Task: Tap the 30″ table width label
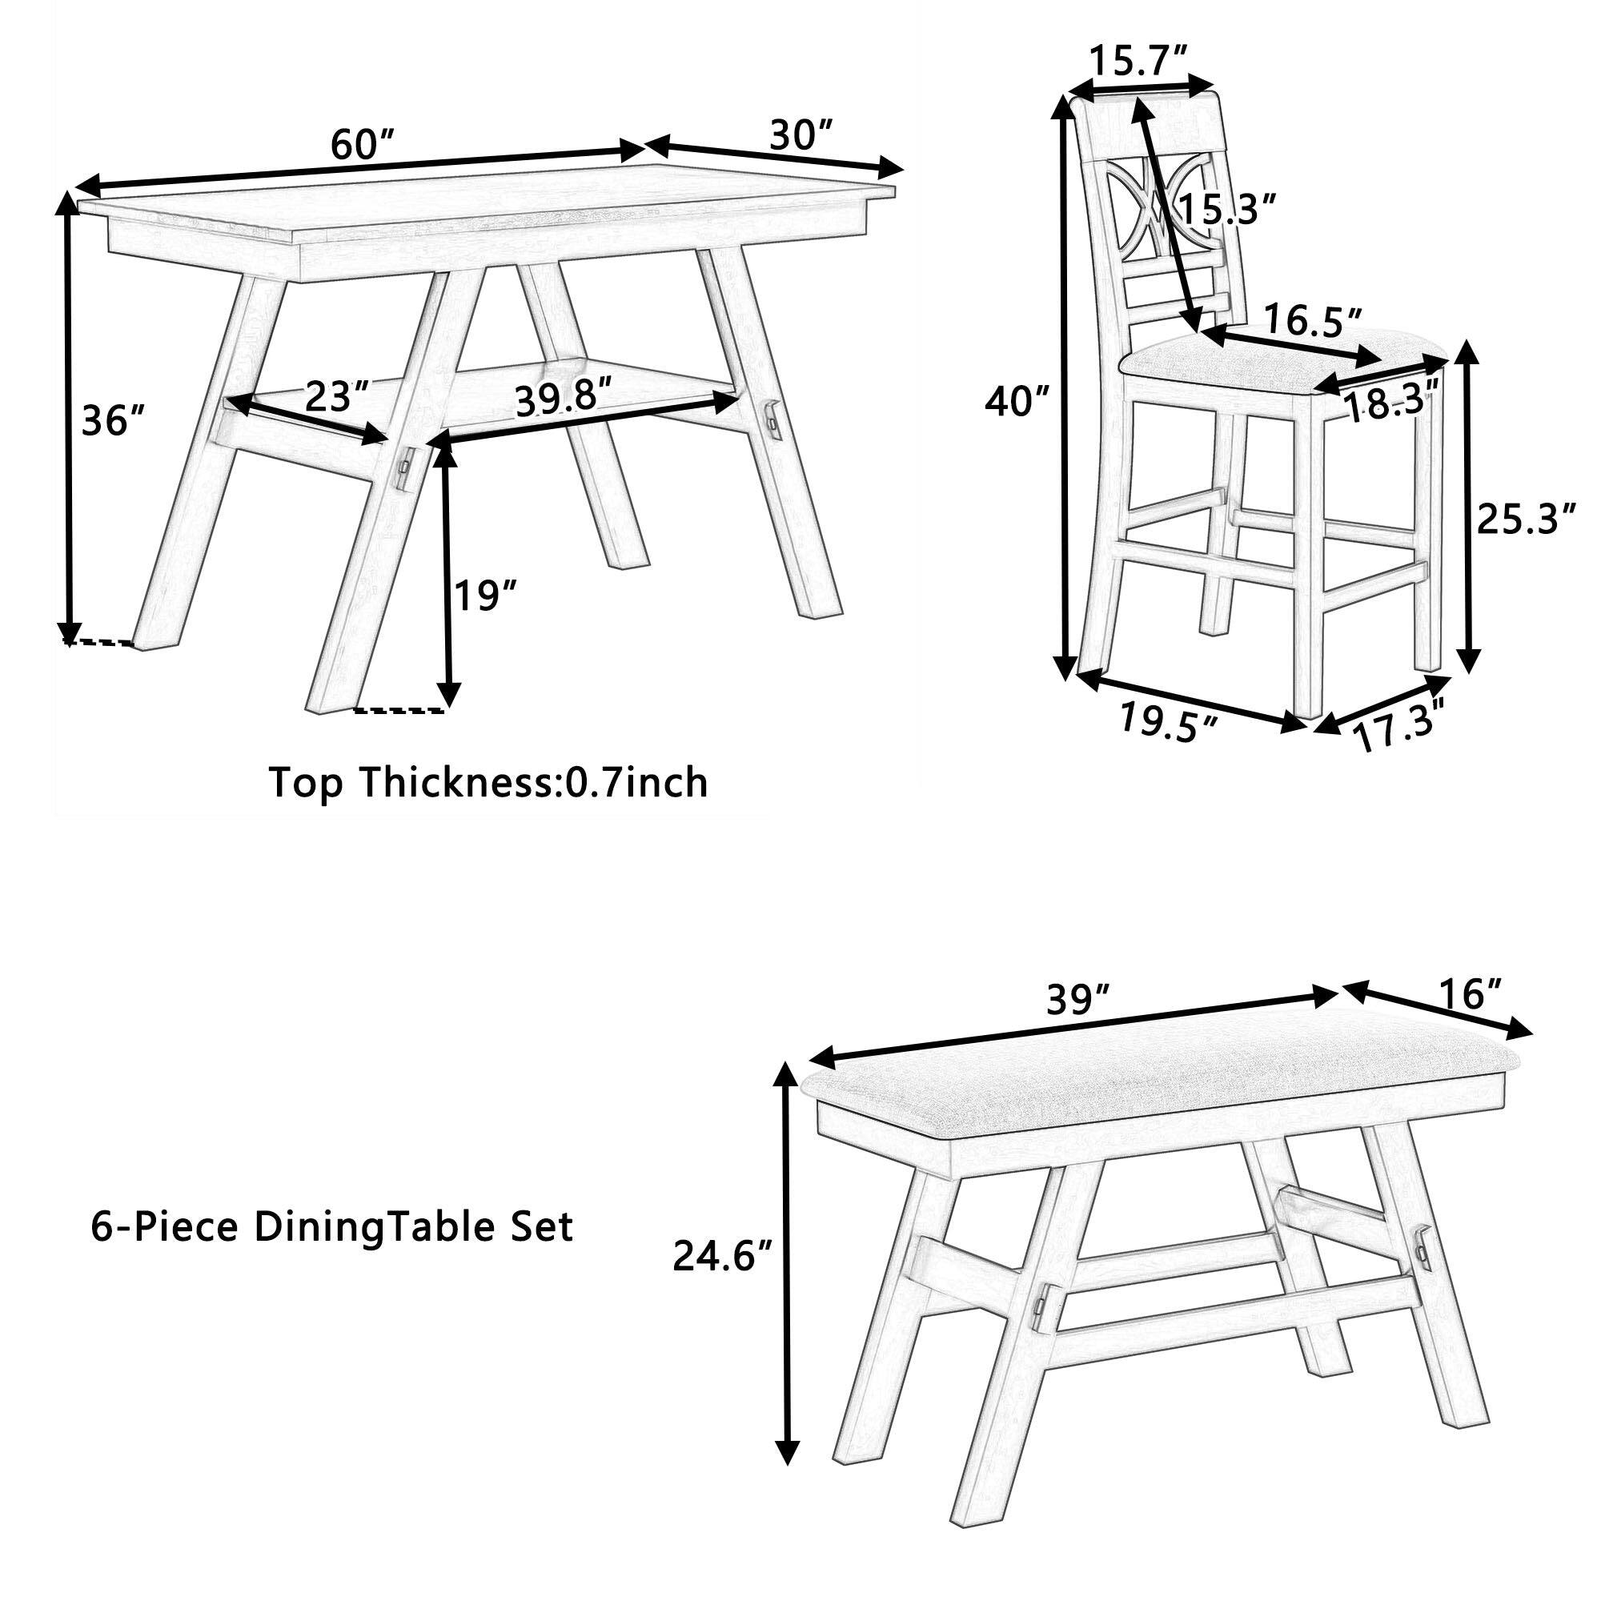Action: point(800,134)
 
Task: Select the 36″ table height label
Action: point(114,422)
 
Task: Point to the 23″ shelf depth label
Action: point(336,397)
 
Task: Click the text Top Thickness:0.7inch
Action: point(489,782)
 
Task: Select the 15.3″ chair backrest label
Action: point(1226,211)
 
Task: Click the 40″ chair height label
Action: point(1017,401)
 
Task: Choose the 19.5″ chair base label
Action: point(1170,720)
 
